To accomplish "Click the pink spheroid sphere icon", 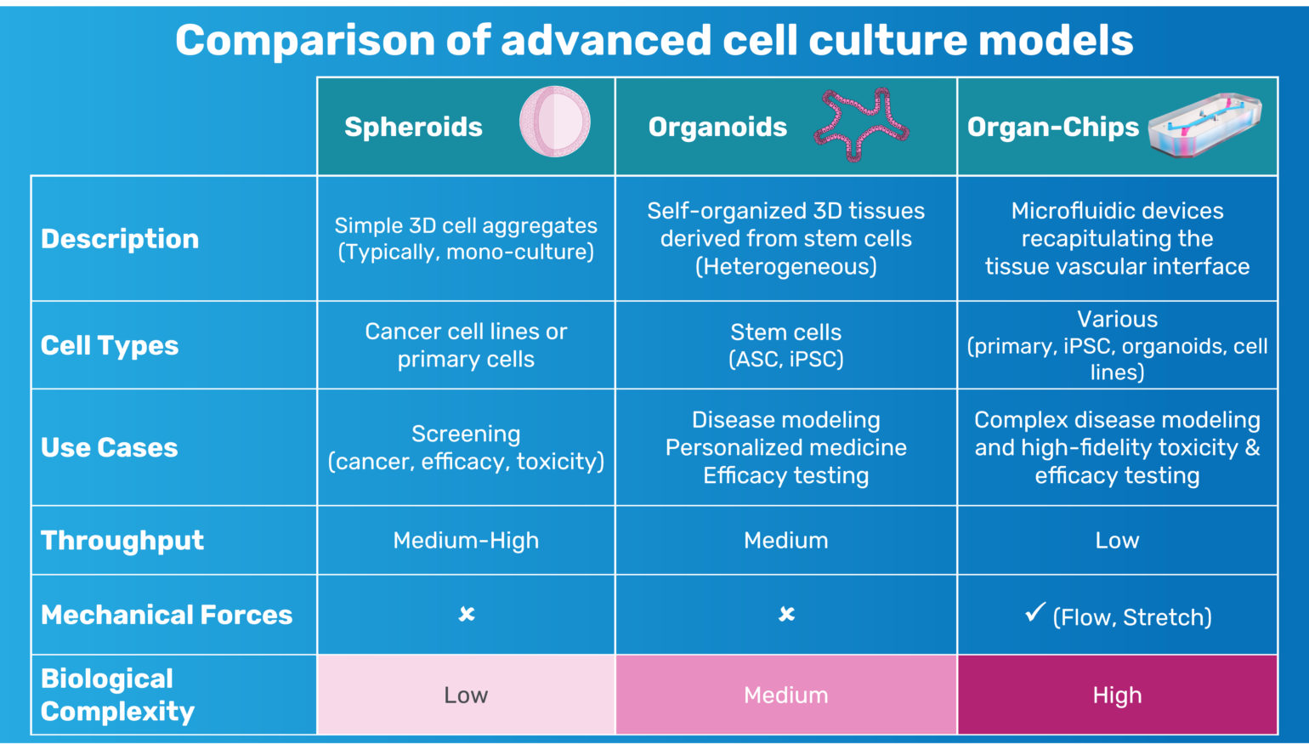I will pyautogui.click(x=555, y=122).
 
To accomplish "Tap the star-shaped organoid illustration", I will pyautogui.click(x=860, y=125).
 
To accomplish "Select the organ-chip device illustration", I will pyautogui.click(x=1204, y=125).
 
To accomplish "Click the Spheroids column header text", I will pyautogui.click(x=413, y=127).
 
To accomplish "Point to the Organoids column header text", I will pyautogui.click(x=717, y=127).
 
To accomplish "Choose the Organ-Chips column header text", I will pyautogui.click(x=1052, y=127).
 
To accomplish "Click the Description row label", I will pyautogui.click(x=120, y=239).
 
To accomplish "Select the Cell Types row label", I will pyautogui.click(x=110, y=345).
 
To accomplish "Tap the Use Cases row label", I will pyautogui.click(x=110, y=447).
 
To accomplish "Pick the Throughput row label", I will pyautogui.click(x=122, y=540).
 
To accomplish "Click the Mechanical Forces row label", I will pyautogui.click(x=167, y=615).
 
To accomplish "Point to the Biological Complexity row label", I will pyautogui.click(x=117, y=695).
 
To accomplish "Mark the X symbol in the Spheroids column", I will pyautogui.click(x=467, y=614).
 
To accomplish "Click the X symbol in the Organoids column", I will pyautogui.click(x=786, y=614).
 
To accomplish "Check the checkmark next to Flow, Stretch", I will pyautogui.click(x=1034, y=612).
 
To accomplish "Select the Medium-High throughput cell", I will pyautogui.click(x=466, y=540).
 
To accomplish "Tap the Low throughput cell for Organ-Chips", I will pyautogui.click(x=1117, y=540).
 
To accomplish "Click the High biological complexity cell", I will pyautogui.click(x=1117, y=696).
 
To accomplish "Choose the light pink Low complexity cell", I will pyautogui.click(x=466, y=696).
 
